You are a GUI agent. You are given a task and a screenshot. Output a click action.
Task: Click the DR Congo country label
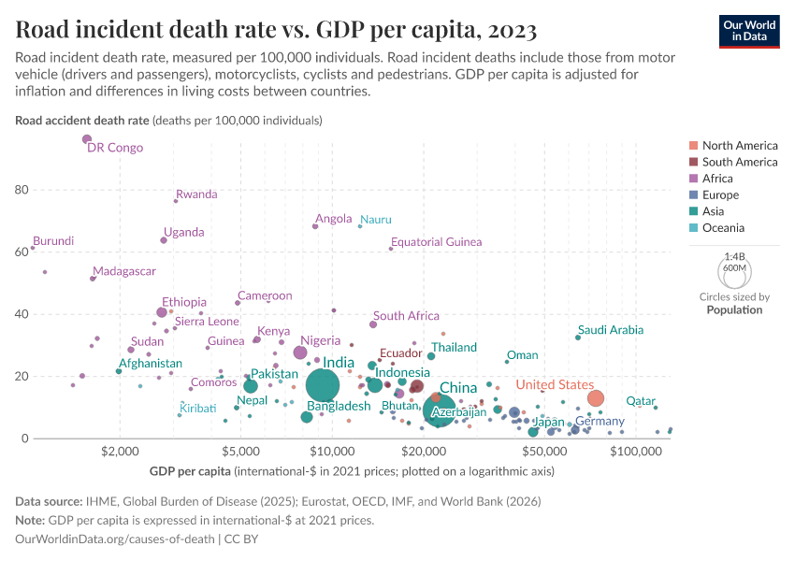pyautogui.click(x=115, y=148)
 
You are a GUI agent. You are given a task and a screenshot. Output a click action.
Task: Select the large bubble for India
pyautogui.click(x=322, y=385)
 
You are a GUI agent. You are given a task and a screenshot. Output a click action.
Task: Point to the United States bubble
pyautogui.click(x=596, y=398)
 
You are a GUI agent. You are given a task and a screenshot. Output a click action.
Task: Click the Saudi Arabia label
pyautogui.click(x=611, y=330)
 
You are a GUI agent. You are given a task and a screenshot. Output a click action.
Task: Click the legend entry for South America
pyautogui.click(x=739, y=162)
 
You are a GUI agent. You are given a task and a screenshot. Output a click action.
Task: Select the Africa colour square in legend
pyautogui.click(x=692, y=179)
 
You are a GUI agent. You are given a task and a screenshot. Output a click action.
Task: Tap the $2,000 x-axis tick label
pyautogui.click(x=119, y=452)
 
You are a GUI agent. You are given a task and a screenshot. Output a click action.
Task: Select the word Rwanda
pyautogui.click(x=196, y=194)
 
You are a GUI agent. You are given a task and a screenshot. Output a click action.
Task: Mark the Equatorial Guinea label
pyautogui.click(x=436, y=242)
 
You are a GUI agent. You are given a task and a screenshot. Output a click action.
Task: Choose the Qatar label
pyautogui.click(x=641, y=401)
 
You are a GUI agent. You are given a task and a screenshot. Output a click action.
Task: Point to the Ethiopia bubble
pyautogui.click(x=162, y=312)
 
